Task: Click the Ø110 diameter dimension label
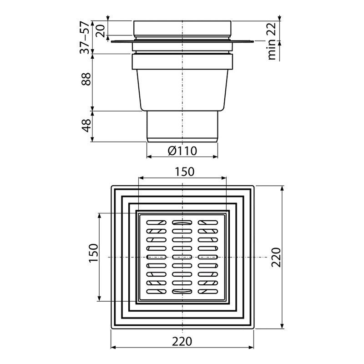click(x=182, y=151)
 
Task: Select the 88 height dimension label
click(x=86, y=79)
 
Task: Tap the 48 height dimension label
click(x=86, y=126)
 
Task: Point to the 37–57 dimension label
click(x=85, y=37)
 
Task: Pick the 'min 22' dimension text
click(x=272, y=41)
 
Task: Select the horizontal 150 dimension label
click(x=184, y=172)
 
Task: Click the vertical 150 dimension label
click(x=94, y=253)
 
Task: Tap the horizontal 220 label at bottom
click(x=182, y=341)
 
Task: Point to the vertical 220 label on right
click(x=276, y=257)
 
